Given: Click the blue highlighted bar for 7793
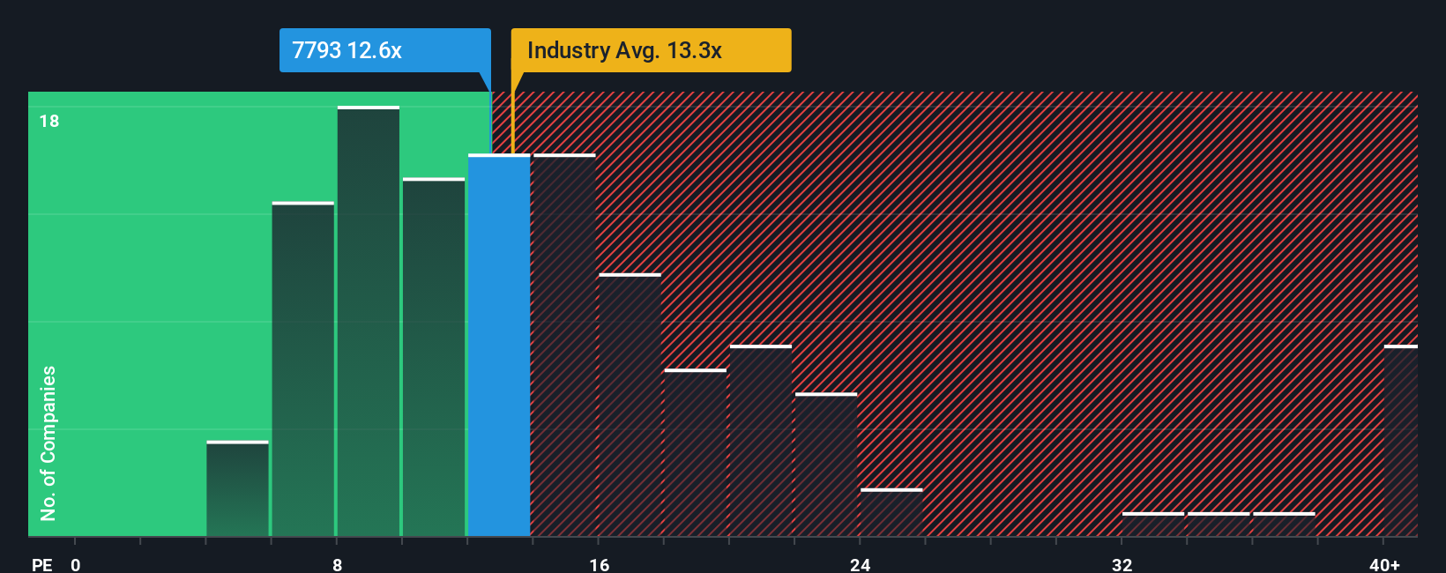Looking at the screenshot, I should click(499, 346).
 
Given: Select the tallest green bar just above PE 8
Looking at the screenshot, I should click(369, 322).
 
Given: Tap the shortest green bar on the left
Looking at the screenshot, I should click(237, 489).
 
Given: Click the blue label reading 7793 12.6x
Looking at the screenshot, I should click(384, 50).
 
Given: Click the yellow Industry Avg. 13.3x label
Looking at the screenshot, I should click(651, 50).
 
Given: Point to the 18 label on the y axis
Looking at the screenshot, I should click(49, 121).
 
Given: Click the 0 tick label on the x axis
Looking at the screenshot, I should click(76, 564).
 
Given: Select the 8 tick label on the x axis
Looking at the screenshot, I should click(338, 564).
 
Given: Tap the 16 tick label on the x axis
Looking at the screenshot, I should click(599, 564).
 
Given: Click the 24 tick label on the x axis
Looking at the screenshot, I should click(861, 564).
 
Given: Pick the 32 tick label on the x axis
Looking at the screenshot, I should click(1122, 564).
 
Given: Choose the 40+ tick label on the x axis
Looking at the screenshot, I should click(1384, 564).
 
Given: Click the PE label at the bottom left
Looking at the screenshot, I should click(41, 564).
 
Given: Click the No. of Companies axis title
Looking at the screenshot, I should click(48, 443).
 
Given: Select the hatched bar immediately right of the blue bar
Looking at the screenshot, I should click(564, 346).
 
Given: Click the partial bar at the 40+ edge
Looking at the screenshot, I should click(1401, 441).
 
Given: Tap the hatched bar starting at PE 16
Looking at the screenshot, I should click(630, 406).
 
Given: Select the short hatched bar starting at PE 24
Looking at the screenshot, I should click(891, 513).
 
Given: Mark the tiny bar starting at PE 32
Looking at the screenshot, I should click(1152, 525).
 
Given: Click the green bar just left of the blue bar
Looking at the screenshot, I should click(434, 357).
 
